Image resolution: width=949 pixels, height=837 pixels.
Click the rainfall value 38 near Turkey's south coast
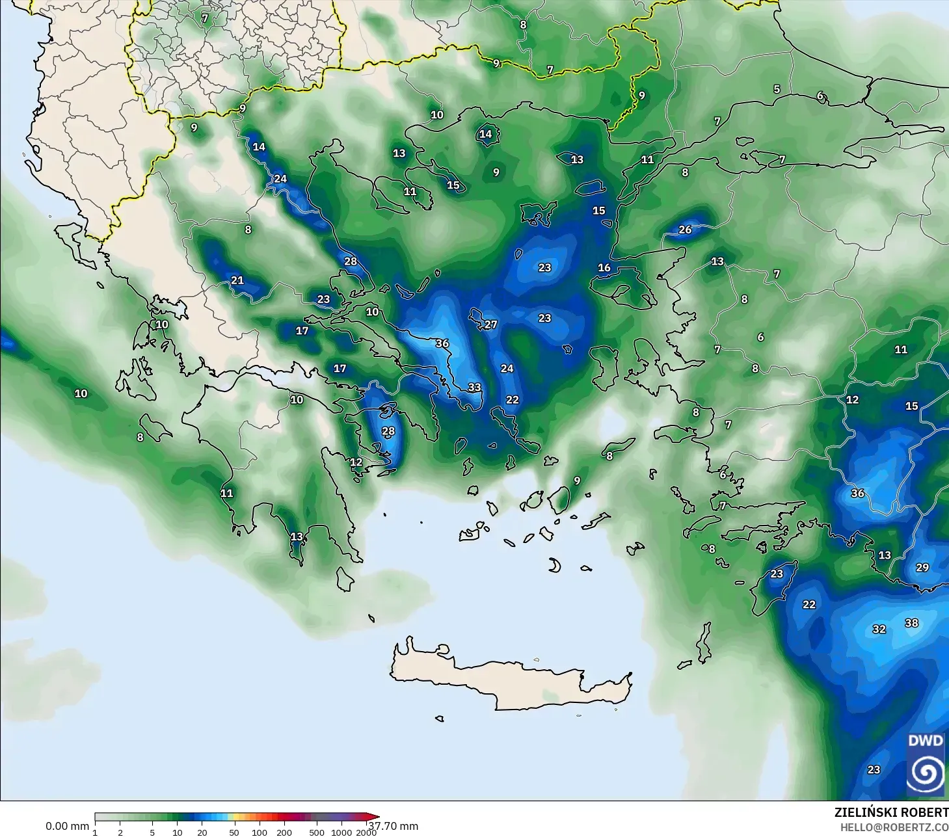[911, 623]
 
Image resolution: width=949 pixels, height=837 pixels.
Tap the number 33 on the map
[474, 388]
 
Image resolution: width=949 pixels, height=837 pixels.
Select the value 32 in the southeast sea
[879, 630]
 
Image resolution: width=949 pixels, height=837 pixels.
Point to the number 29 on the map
[922, 568]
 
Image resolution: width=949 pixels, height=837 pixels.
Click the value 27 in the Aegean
[490, 325]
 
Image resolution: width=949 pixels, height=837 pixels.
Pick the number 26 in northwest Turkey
[685, 230]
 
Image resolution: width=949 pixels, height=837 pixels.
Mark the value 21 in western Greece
[237, 280]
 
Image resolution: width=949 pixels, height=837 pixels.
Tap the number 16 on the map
[604, 267]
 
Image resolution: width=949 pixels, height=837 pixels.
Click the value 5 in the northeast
[776, 89]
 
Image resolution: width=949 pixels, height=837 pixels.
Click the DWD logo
[925, 764]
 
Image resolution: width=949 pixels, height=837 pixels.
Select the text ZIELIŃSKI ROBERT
[890, 812]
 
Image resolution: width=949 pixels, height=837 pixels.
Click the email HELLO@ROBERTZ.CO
[894, 827]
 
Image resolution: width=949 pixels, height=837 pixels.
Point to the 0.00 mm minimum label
[67, 826]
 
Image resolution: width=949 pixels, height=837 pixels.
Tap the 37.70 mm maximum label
[394, 826]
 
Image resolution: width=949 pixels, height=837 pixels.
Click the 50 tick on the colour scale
[234, 832]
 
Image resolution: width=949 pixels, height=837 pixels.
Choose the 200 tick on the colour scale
[284, 832]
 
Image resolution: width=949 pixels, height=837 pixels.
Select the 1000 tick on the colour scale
[341, 832]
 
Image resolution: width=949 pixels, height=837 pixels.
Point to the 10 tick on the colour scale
[177, 832]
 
